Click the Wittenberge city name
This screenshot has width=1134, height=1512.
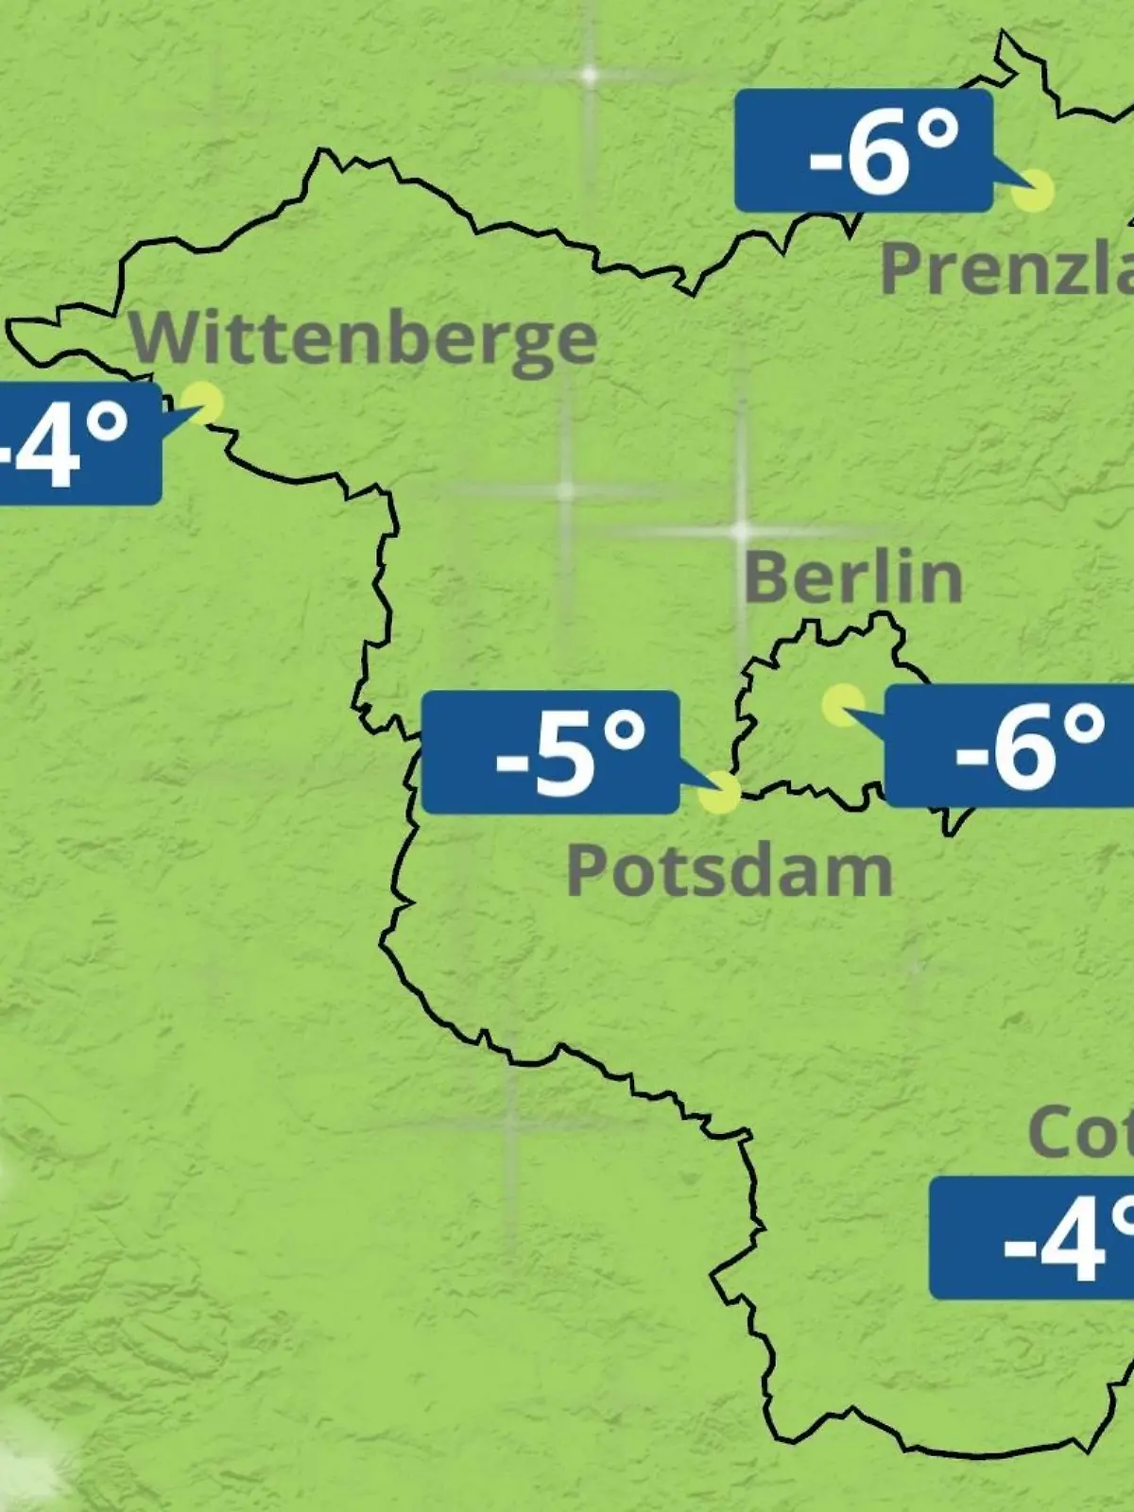(x=364, y=338)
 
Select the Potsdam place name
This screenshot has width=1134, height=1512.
(x=729, y=871)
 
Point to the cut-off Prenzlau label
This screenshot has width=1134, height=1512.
(x=1006, y=268)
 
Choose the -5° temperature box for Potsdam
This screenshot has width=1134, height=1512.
(x=550, y=752)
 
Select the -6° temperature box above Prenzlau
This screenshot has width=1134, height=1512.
(x=864, y=151)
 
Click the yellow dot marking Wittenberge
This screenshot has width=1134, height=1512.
(x=202, y=403)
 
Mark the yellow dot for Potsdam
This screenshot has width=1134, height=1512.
(x=720, y=792)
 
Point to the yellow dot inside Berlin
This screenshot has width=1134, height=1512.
(x=842, y=705)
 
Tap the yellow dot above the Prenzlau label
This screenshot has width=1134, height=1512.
(x=1033, y=191)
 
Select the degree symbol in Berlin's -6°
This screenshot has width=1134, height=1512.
(x=1083, y=724)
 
